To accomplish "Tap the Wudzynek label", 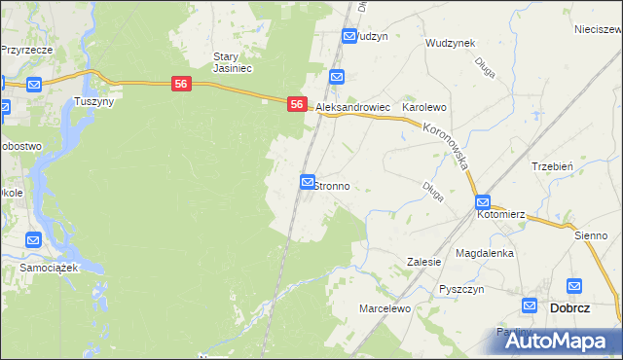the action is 450,44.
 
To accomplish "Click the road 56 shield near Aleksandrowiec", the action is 298,104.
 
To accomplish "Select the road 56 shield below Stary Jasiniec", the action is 181,85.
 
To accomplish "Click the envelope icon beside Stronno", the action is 308,182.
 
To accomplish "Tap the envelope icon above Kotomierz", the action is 484,201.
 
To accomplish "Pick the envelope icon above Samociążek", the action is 34,240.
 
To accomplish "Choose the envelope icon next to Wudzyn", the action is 349,36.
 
